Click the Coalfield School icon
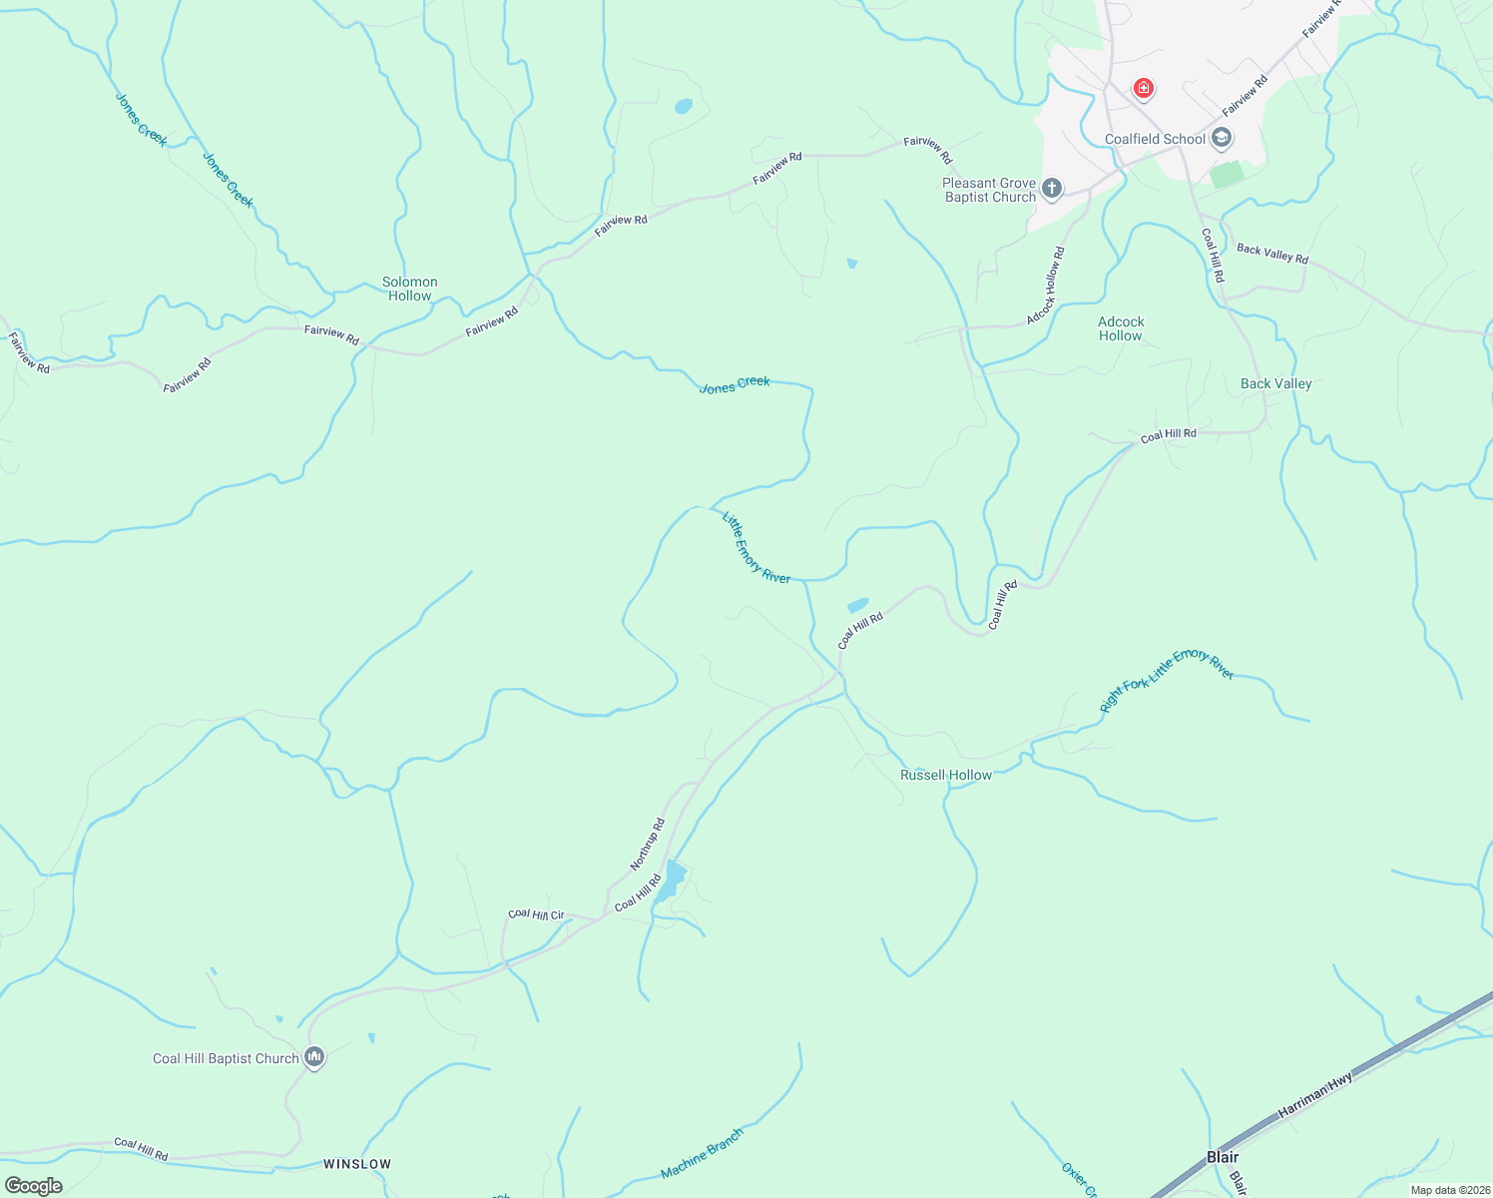pos(1222,139)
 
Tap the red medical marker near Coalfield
pos(1144,90)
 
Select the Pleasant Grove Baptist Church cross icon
pos(1051,188)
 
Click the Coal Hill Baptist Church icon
pos(314,1057)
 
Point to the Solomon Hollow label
pos(410,289)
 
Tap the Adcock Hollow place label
pos(1121,328)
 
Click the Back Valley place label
pos(1275,383)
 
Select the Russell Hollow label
pos(945,775)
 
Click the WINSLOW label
pos(357,1164)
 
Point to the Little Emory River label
pos(755,548)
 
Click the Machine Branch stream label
pos(702,1153)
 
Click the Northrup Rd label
pos(648,845)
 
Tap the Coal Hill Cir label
pos(536,914)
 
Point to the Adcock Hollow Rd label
pos(1046,286)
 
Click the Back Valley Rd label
pos(1271,253)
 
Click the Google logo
pos(33,1186)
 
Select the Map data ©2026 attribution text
pos(1449,1190)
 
